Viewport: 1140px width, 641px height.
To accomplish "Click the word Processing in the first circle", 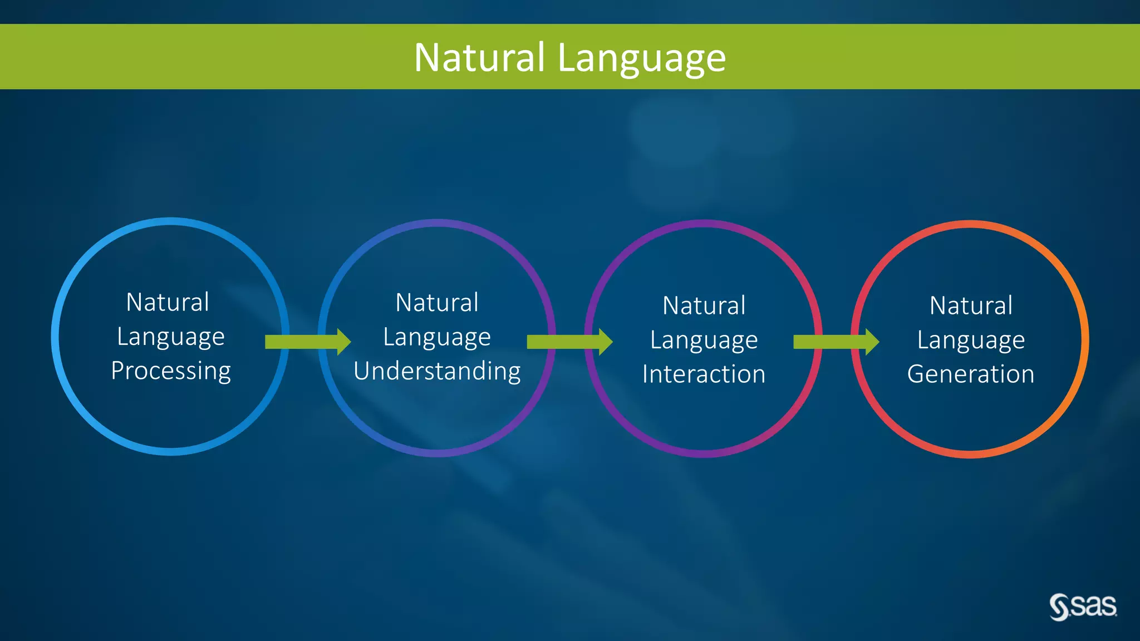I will coord(170,371).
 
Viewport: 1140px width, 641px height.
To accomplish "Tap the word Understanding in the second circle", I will coord(437,371).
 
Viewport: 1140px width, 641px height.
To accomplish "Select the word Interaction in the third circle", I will coord(704,374).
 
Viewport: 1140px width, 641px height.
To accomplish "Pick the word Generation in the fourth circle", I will coord(970,374).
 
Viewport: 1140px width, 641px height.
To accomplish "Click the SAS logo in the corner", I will coord(1083,607).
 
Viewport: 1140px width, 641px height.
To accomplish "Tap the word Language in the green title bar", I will coord(641,58).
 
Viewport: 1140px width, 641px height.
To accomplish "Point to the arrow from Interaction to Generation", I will coord(835,342).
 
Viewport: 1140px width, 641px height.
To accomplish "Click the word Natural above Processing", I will coord(168,303).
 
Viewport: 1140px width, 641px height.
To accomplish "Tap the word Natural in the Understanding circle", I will coord(437,303).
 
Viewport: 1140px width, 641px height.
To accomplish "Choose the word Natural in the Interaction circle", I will coord(704,306).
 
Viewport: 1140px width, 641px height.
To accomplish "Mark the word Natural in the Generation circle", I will coord(971,306).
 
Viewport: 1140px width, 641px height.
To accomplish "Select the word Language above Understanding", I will coord(437,338).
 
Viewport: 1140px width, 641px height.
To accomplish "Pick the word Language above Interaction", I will coord(704,341).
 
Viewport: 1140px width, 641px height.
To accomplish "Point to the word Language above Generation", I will coord(971,341).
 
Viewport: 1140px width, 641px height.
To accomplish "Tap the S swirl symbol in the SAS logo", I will coord(1059,607).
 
